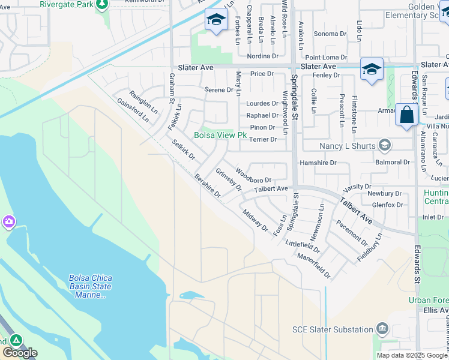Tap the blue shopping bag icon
click(406, 115)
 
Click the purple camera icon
click(8, 223)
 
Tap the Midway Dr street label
click(256, 220)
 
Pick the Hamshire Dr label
click(320, 162)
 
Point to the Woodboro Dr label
click(253, 176)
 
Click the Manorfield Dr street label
click(314, 265)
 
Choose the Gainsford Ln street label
click(133, 108)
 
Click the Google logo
click(20, 353)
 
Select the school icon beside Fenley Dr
click(372, 69)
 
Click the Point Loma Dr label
click(322, 57)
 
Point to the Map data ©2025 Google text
click(412, 355)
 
